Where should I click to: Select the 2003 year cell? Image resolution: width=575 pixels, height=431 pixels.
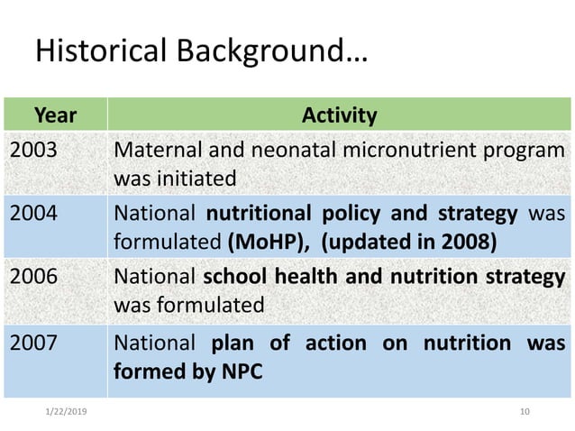point(32,149)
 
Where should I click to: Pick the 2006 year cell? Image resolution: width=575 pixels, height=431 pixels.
point(32,278)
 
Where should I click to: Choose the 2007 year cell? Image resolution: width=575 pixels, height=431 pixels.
point(32,343)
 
